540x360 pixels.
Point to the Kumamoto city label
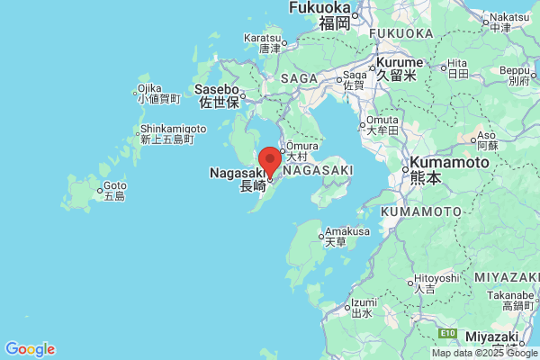pyautogui.click(x=450, y=163)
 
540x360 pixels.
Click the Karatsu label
pyautogui.click(x=263, y=39)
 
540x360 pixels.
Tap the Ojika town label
pyautogui.click(x=149, y=89)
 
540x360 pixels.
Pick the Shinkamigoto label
pyautogui.click(x=173, y=129)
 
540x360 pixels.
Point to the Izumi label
pyautogui.click(x=363, y=302)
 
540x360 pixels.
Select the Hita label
pyautogui.click(x=458, y=62)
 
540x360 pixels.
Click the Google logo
pyautogui.click(x=30, y=349)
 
